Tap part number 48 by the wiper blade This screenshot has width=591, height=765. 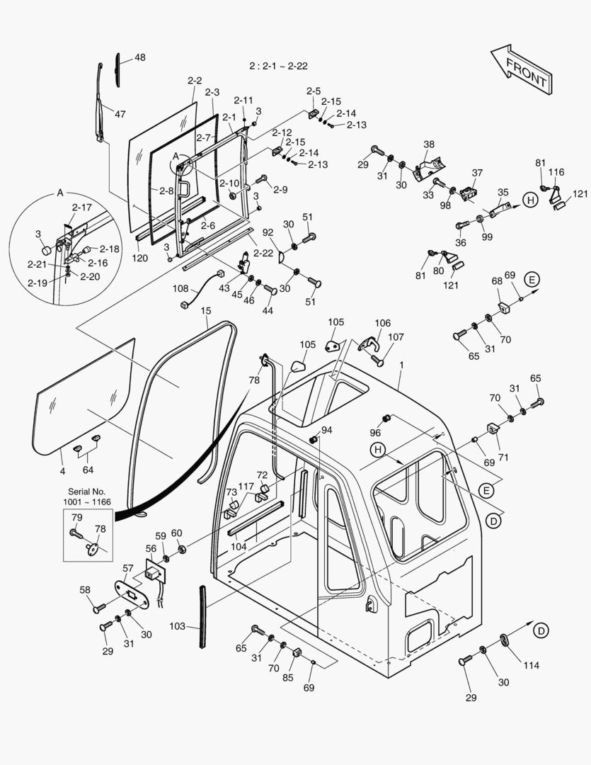pos(140,57)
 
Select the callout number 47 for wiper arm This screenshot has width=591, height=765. pos(120,113)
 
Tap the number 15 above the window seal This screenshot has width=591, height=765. pos(205,310)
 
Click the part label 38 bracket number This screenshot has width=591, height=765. pos(429,144)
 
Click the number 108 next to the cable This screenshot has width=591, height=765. pos(180,288)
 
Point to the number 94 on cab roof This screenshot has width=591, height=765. pos(326,429)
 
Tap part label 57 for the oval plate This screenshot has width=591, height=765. pos(127,568)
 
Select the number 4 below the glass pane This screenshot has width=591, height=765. pos(62,471)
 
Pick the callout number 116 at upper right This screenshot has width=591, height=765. pos(556,172)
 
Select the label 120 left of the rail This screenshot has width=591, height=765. pos(140,258)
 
